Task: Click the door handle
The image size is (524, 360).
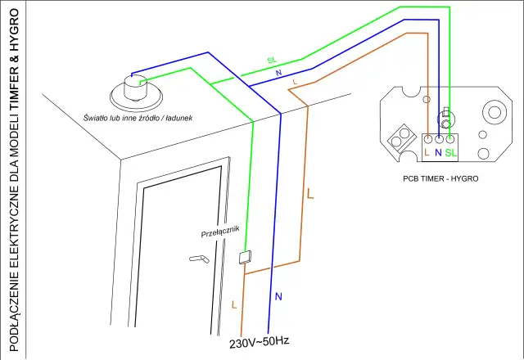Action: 199,259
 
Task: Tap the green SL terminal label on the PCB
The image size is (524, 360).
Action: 452,152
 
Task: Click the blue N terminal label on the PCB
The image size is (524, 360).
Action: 438,152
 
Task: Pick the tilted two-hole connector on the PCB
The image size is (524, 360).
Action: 403,137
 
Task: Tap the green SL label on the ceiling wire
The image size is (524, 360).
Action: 272,61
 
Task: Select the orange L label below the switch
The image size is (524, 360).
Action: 235,304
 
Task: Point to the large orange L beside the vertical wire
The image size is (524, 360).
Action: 309,195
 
